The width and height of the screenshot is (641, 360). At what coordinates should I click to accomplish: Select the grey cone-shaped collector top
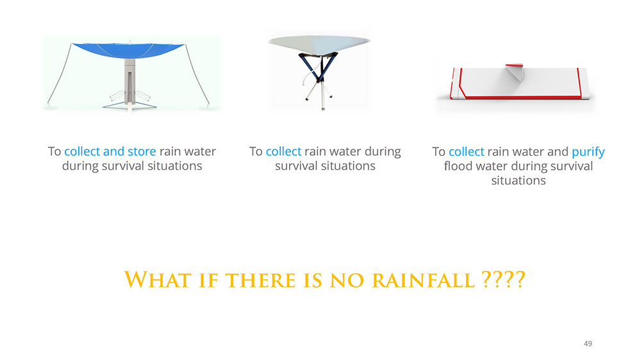pos(319,44)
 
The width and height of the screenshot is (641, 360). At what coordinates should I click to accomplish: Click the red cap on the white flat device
pos(514,65)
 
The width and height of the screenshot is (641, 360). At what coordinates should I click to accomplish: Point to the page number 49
pos(588,343)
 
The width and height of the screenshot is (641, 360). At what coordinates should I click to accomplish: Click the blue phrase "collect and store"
pos(110,152)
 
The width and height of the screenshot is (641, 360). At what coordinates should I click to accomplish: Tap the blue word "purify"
pos(588,152)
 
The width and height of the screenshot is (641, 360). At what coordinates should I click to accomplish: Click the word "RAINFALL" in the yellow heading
pos(424,281)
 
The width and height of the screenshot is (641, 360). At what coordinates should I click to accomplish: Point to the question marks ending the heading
pos(503,280)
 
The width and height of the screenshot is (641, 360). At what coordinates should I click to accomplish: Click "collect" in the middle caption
pos(284,152)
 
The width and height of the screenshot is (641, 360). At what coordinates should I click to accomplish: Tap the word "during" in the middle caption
pos(383,152)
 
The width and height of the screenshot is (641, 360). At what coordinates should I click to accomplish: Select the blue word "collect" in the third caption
pos(467,152)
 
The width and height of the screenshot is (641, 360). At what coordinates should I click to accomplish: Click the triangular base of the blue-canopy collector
pos(129,106)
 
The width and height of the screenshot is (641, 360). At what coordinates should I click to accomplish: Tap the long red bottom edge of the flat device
pos(519,97)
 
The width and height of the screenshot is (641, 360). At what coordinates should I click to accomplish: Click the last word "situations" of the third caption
pos(519,181)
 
